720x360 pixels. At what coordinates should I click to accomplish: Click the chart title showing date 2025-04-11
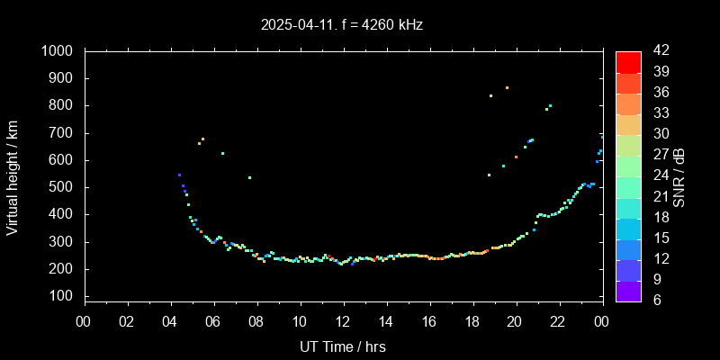tap(342, 25)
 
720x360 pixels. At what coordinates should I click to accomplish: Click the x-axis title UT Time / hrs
tap(343, 346)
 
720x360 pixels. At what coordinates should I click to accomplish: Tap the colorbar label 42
tap(660, 52)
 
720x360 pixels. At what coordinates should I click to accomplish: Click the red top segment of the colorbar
tap(628, 61)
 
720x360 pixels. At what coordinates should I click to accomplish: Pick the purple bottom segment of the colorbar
tap(628, 291)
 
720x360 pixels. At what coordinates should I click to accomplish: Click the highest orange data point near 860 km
tap(507, 88)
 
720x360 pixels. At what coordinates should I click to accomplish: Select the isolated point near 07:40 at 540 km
tap(249, 177)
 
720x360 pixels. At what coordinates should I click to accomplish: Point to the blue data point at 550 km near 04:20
tap(179, 175)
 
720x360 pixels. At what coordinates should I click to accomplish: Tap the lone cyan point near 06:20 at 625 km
tap(222, 153)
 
